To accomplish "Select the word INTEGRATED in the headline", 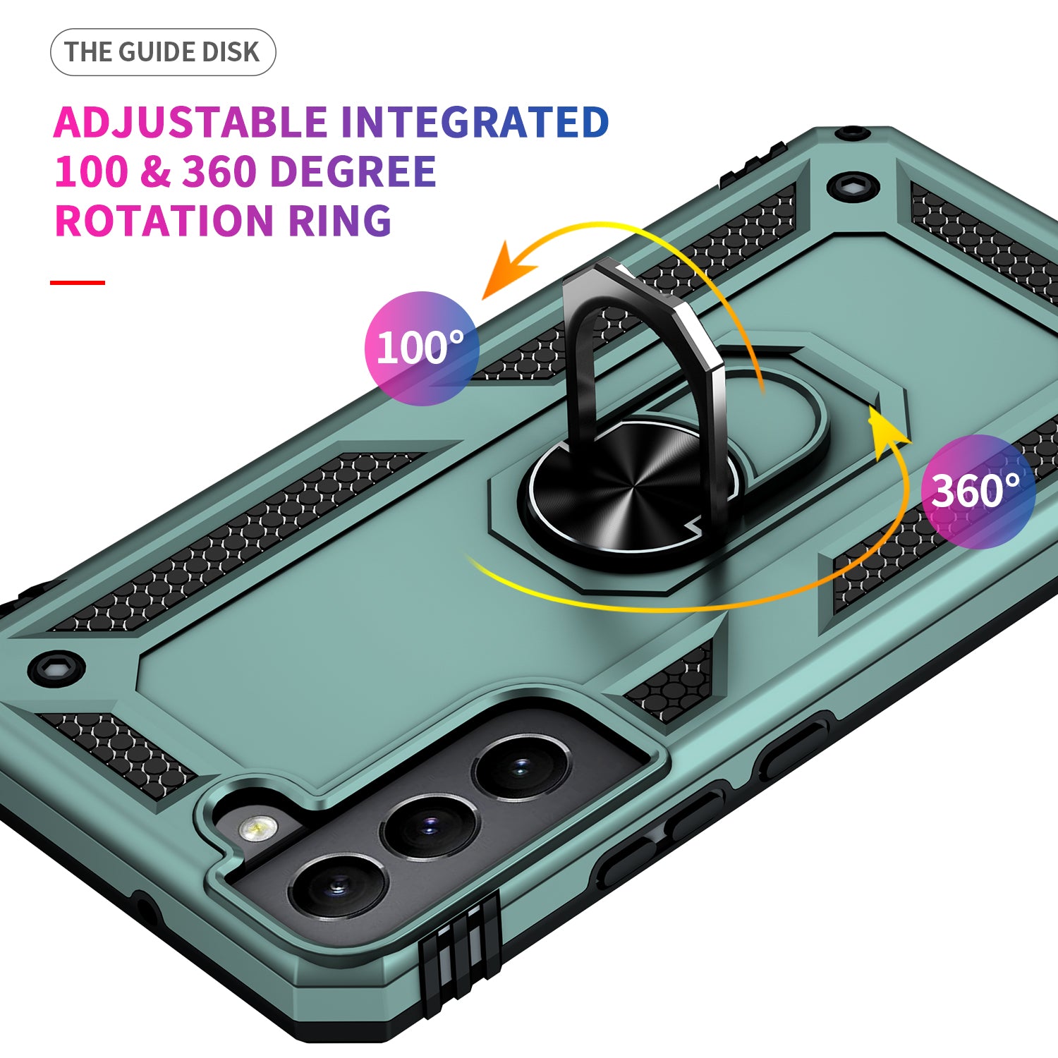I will pyautogui.click(x=475, y=122).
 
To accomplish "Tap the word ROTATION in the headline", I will pyautogui.click(x=163, y=221).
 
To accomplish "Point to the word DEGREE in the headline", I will pyautogui.click(x=353, y=171).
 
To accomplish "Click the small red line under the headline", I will pyautogui.click(x=78, y=283).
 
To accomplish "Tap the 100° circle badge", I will pyautogui.click(x=421, y=348).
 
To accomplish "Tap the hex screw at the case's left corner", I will pyautogui.click(x=56, y=667).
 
